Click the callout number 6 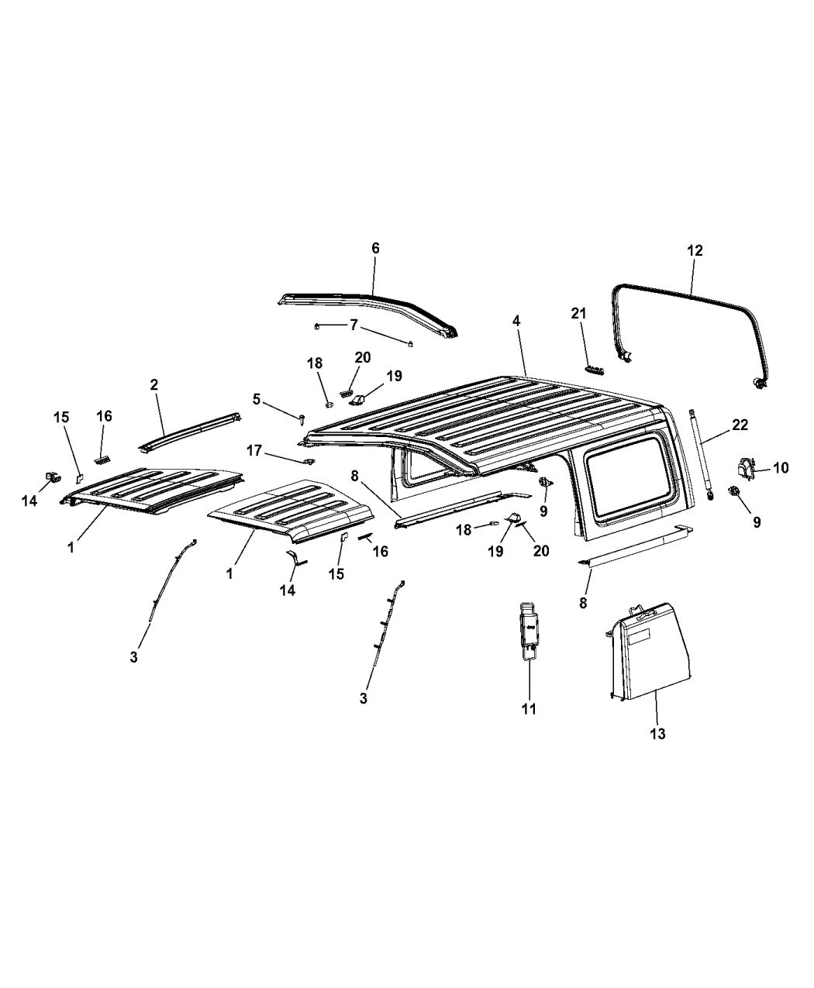coord(375,249)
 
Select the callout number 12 coord(695,250)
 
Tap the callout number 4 coord(516,321)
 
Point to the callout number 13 coord(657,733)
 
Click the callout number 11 coord(529,721)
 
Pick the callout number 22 coord(740,425)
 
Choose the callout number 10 coord(781,467)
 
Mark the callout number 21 coord(578,313)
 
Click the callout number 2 coord(154,384)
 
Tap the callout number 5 coord(256,399)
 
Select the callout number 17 coord(254,450)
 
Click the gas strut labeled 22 coord(701,455)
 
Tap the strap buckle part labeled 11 coord(529,630)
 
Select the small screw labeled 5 coord(302,418)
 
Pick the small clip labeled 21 coord(595,370)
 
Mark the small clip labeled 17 coord(309,461)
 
